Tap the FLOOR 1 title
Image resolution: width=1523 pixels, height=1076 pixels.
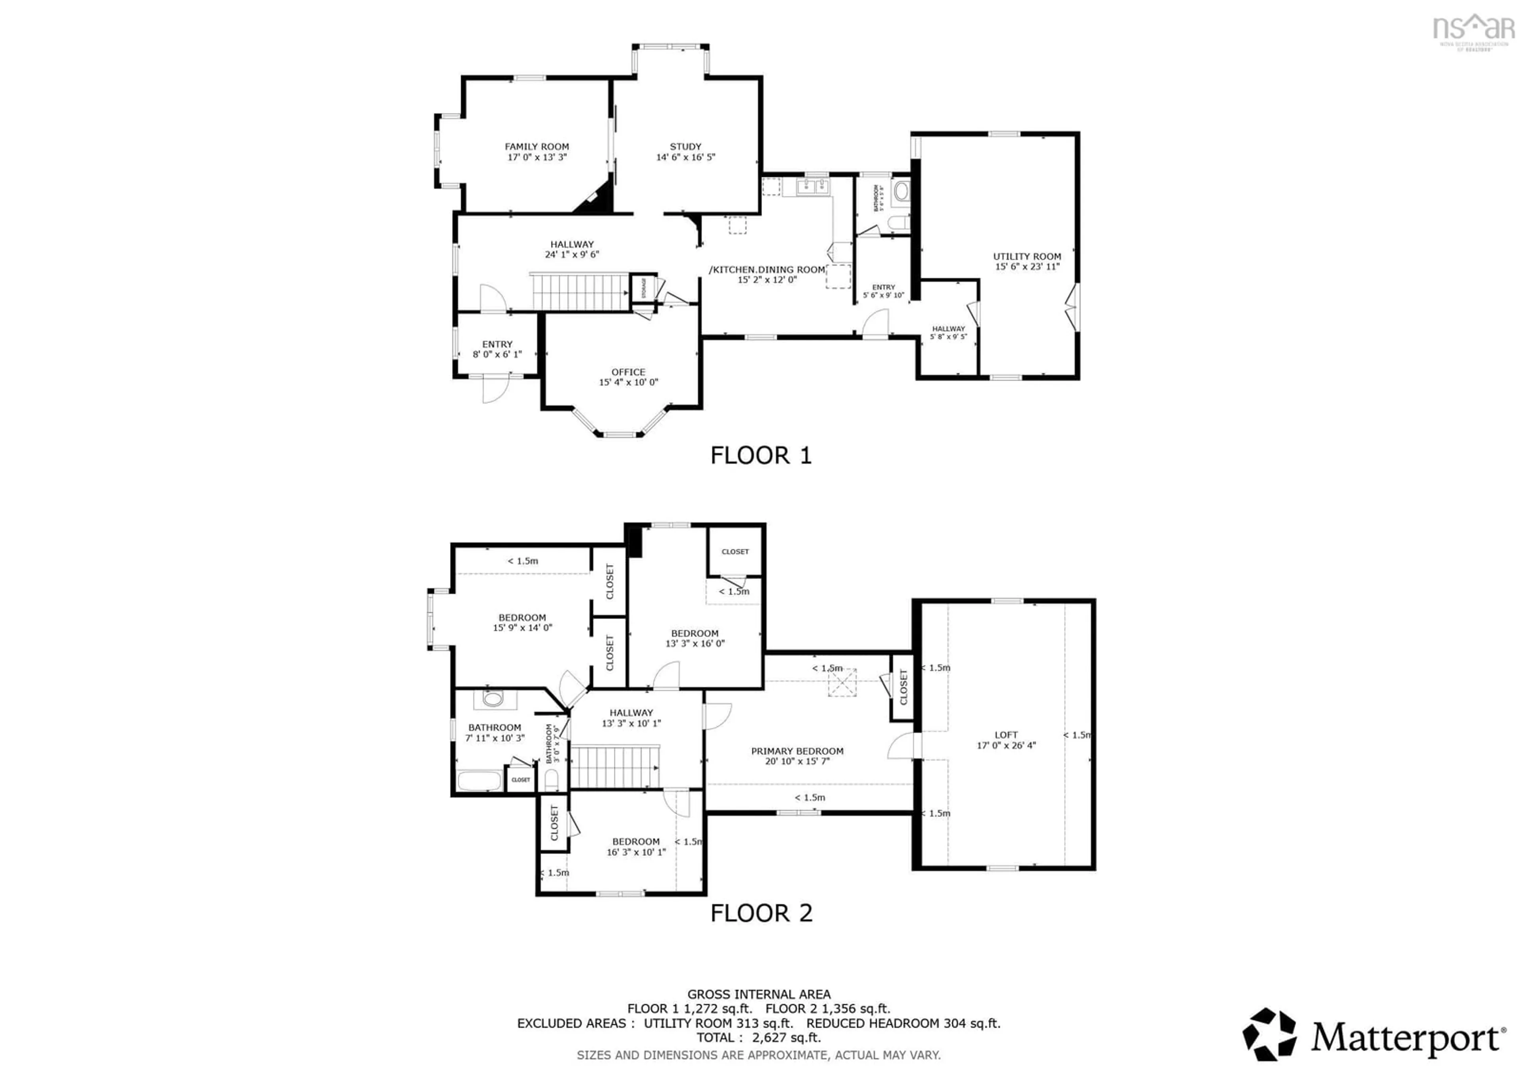pyautogui.click(x=760, y=456)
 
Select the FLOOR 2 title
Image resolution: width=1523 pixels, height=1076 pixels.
pyautogui.click(x=760, y=913)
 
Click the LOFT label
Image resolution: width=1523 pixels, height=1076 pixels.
pyautogui.click(x=1005, y=735)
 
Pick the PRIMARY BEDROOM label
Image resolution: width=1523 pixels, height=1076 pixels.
pyautogui.click(x=797, y=751)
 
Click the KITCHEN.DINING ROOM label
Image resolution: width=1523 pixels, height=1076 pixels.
pyautogui.click(x=767, y=270)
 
